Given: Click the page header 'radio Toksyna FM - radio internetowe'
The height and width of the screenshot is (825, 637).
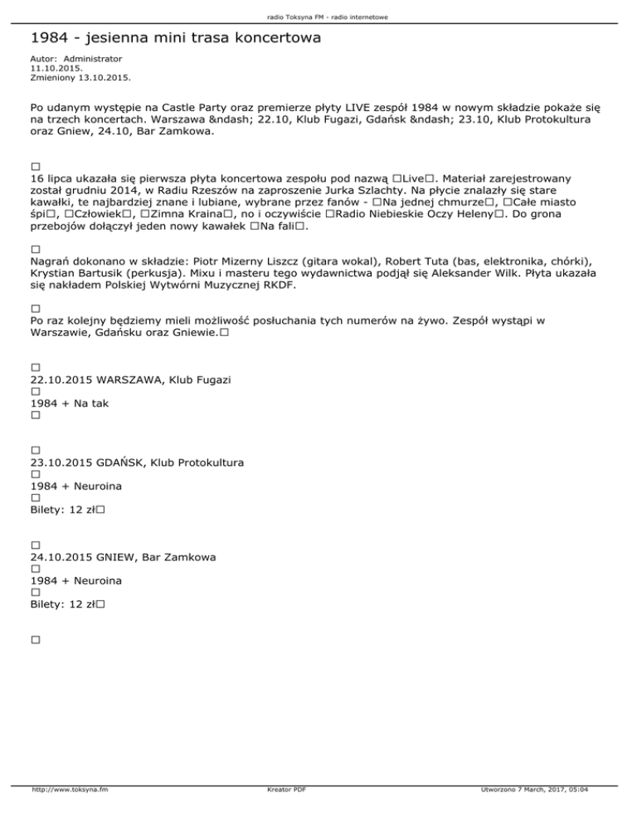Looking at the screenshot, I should point(318,17).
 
